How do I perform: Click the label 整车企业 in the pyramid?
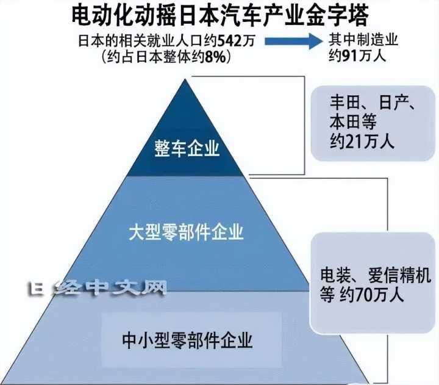tap(187, 149)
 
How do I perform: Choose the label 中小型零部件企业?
tap(187, 339)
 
